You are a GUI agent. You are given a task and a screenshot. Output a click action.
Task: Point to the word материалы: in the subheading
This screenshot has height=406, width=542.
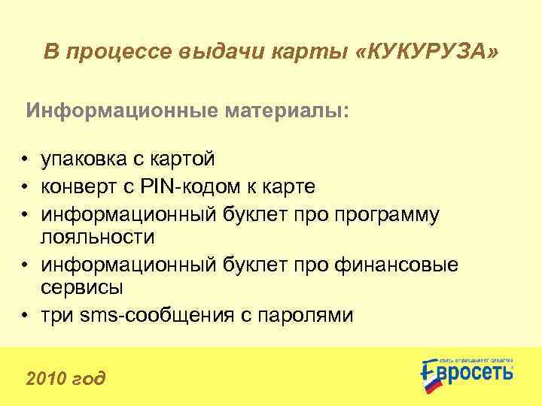pyautogui.click(x=287, y=111)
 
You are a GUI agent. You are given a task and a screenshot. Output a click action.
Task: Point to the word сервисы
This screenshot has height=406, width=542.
pyautogui.click(x=82, y=288)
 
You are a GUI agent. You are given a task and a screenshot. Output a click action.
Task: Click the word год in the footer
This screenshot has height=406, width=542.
pyautogui.click(x=90, y=377)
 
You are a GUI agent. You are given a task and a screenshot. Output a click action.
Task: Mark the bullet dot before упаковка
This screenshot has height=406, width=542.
pyautogui.click(x=26, y=159)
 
